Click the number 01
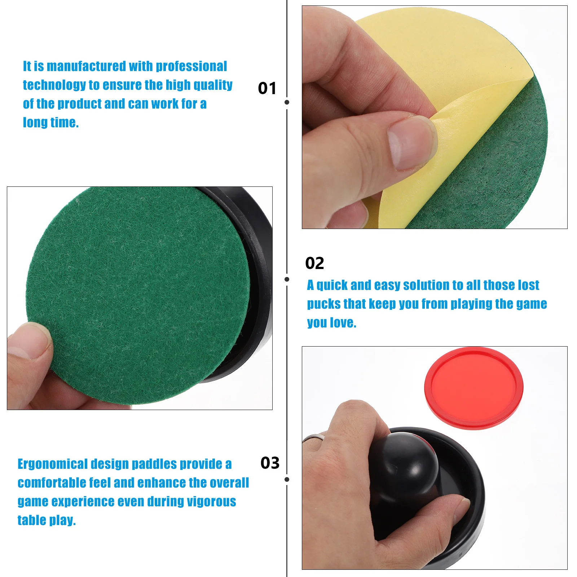(267, 88)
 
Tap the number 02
(314, 263)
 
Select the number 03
(270, 463)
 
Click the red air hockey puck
(474, 388)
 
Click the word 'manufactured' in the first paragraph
(86, 66)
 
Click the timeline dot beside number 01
(287, 102)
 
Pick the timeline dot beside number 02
(287, 279)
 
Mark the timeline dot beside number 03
(287, 480)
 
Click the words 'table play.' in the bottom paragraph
(47, 520)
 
